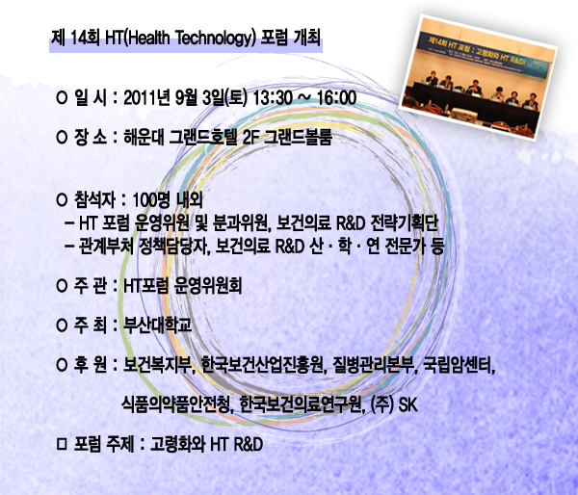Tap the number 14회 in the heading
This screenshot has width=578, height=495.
tap(84, 38)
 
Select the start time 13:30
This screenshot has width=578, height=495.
tap(273, 98)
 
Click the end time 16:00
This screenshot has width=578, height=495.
tap(336, 98)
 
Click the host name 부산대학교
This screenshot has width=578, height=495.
tap(157, 326)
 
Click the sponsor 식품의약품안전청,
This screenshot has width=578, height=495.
tap(177, 404)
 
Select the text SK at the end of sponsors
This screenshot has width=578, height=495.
tap(408, 404)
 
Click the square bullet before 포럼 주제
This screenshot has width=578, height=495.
tap(62, 444)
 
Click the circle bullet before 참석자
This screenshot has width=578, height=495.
tap(62, 200)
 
